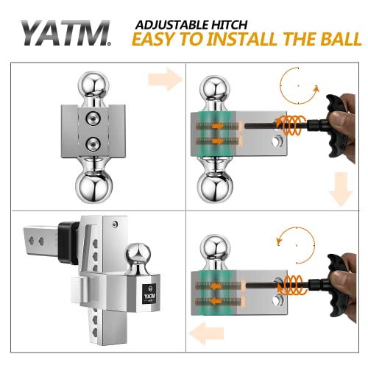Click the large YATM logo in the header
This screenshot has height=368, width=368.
pos(66,33)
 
